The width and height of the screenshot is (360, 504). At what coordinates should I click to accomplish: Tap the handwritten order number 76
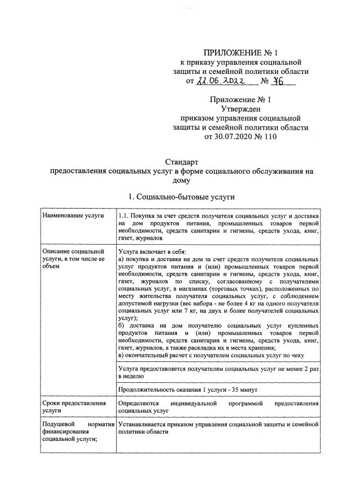point(278,81)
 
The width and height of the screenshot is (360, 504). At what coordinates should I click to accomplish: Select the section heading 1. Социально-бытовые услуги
point(181,197)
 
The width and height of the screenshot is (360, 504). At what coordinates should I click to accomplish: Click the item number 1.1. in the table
point(125,216)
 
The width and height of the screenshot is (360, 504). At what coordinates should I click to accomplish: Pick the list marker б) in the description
point(122,325)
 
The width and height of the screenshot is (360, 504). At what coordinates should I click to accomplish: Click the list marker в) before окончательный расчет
point(121,355)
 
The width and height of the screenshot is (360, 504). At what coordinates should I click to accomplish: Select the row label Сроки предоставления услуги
point(74,408)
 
